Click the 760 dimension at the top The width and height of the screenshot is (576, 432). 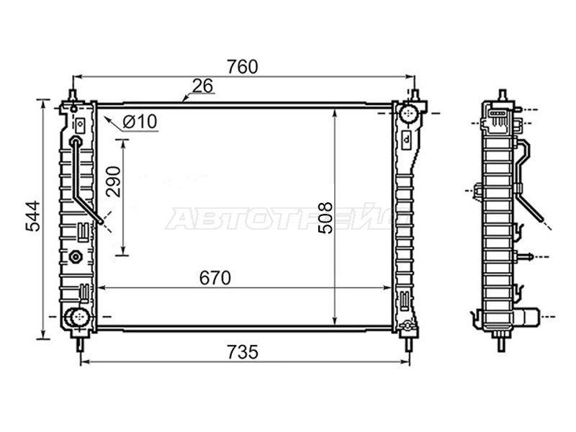coord(243,67)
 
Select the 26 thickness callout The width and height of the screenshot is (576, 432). coord(202,86)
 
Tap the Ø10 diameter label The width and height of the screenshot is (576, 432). coord(140,122)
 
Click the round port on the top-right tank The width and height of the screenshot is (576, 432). coord(410,112)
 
